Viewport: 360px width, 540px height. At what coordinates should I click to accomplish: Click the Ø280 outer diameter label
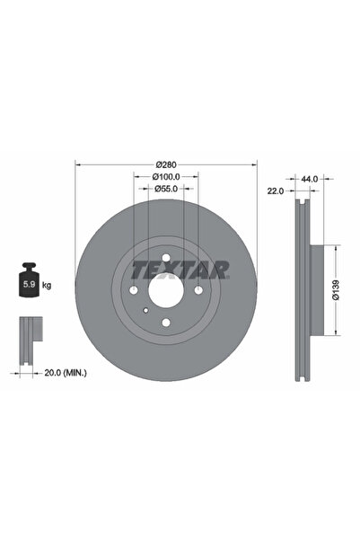point(166,164)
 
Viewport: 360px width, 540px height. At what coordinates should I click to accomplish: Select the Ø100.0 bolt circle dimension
point(166,177)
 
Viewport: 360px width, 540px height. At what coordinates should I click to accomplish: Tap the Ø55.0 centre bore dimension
point(166,189)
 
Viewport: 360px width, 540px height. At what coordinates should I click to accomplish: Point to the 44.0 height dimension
point(310,180)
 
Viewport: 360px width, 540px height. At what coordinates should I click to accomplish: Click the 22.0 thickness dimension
point(276,191)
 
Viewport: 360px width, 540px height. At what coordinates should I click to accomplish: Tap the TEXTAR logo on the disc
point(180,268)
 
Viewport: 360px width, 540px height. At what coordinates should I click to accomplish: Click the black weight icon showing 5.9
point(28,284)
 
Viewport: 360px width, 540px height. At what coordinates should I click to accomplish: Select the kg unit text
point(47,285)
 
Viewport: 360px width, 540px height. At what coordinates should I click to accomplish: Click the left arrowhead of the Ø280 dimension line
point(76,164)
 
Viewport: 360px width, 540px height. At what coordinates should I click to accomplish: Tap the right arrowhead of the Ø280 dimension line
point(256,164)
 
